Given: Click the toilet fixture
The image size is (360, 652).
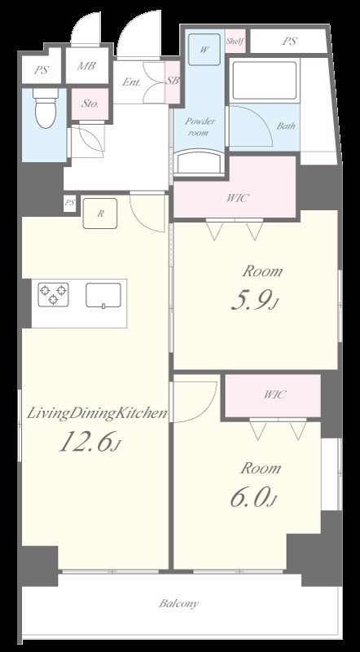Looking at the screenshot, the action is point(46,108).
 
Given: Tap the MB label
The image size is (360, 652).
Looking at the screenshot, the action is point(86,65).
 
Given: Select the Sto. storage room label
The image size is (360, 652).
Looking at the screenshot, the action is point(90,104).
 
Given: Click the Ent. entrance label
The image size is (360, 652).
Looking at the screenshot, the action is point(131,82).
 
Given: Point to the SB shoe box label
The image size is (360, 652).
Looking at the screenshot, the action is point(173,81).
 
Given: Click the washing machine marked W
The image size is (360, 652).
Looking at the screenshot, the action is point(204,50).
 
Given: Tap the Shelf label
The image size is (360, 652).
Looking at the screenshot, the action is point(235,42).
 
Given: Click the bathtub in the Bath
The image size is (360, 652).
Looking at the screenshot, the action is point(265,80).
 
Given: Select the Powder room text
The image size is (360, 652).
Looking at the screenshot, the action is point(200,127).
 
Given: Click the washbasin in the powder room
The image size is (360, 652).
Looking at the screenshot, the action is point(200,161).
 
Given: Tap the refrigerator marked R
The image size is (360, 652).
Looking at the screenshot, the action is point(99,214).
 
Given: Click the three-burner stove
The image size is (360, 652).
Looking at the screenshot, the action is point(53,294).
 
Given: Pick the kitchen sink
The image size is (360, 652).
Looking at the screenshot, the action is point(103,295).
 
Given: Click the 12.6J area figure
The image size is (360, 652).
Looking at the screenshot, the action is point(90,442).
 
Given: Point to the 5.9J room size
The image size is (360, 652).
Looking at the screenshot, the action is point(253,302).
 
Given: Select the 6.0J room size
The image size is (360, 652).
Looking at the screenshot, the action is point(253,498).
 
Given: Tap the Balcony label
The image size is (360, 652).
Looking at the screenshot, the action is point(178,603).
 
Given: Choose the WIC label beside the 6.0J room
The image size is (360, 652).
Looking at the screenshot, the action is point(275,394).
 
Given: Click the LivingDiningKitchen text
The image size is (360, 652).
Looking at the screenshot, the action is point(97,414).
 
